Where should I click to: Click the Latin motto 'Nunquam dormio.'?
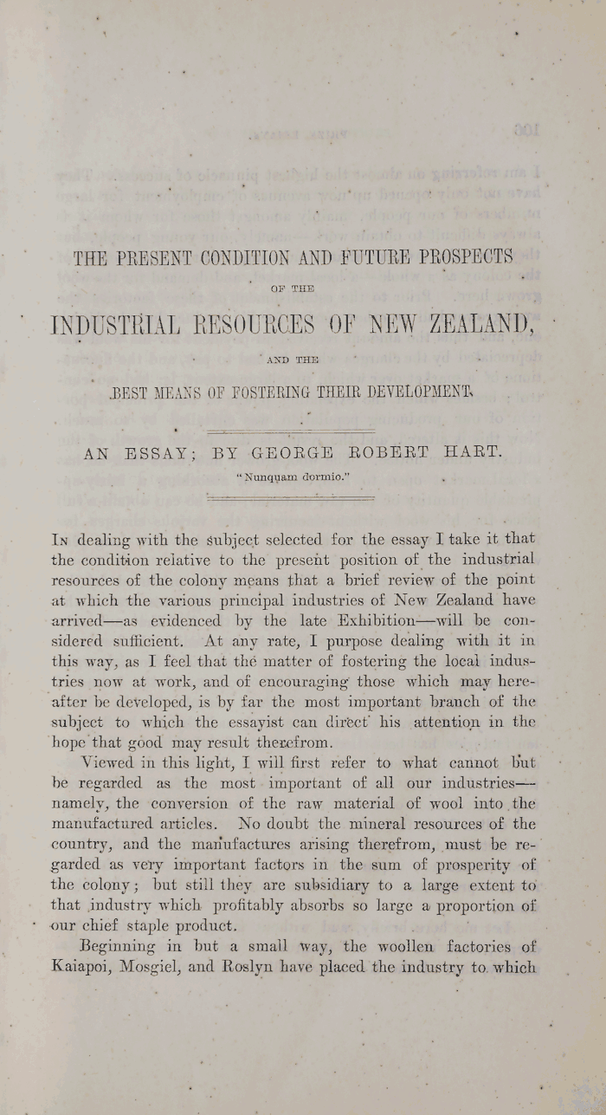[x=291, y=476]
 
